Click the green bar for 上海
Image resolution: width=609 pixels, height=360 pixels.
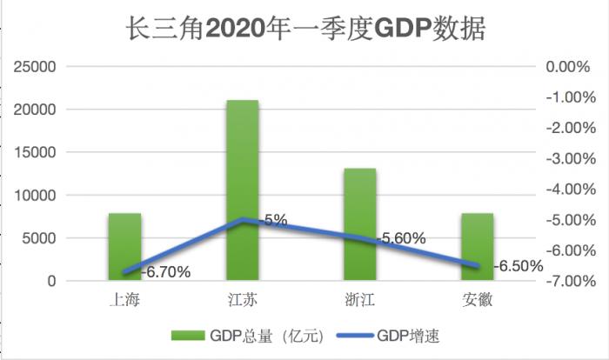coord(124,247)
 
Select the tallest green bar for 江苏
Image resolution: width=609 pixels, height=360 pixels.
coord(242,190)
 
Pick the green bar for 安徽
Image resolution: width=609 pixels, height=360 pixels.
coord(477,247)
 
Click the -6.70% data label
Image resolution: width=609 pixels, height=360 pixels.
coord(164,272)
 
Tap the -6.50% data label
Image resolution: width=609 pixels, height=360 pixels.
coord(517,265)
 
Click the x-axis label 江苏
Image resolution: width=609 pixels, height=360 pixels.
coord(242,301)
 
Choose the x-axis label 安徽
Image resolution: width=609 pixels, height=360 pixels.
coord(477,301)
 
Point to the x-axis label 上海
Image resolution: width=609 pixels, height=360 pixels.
coord(124,301)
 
